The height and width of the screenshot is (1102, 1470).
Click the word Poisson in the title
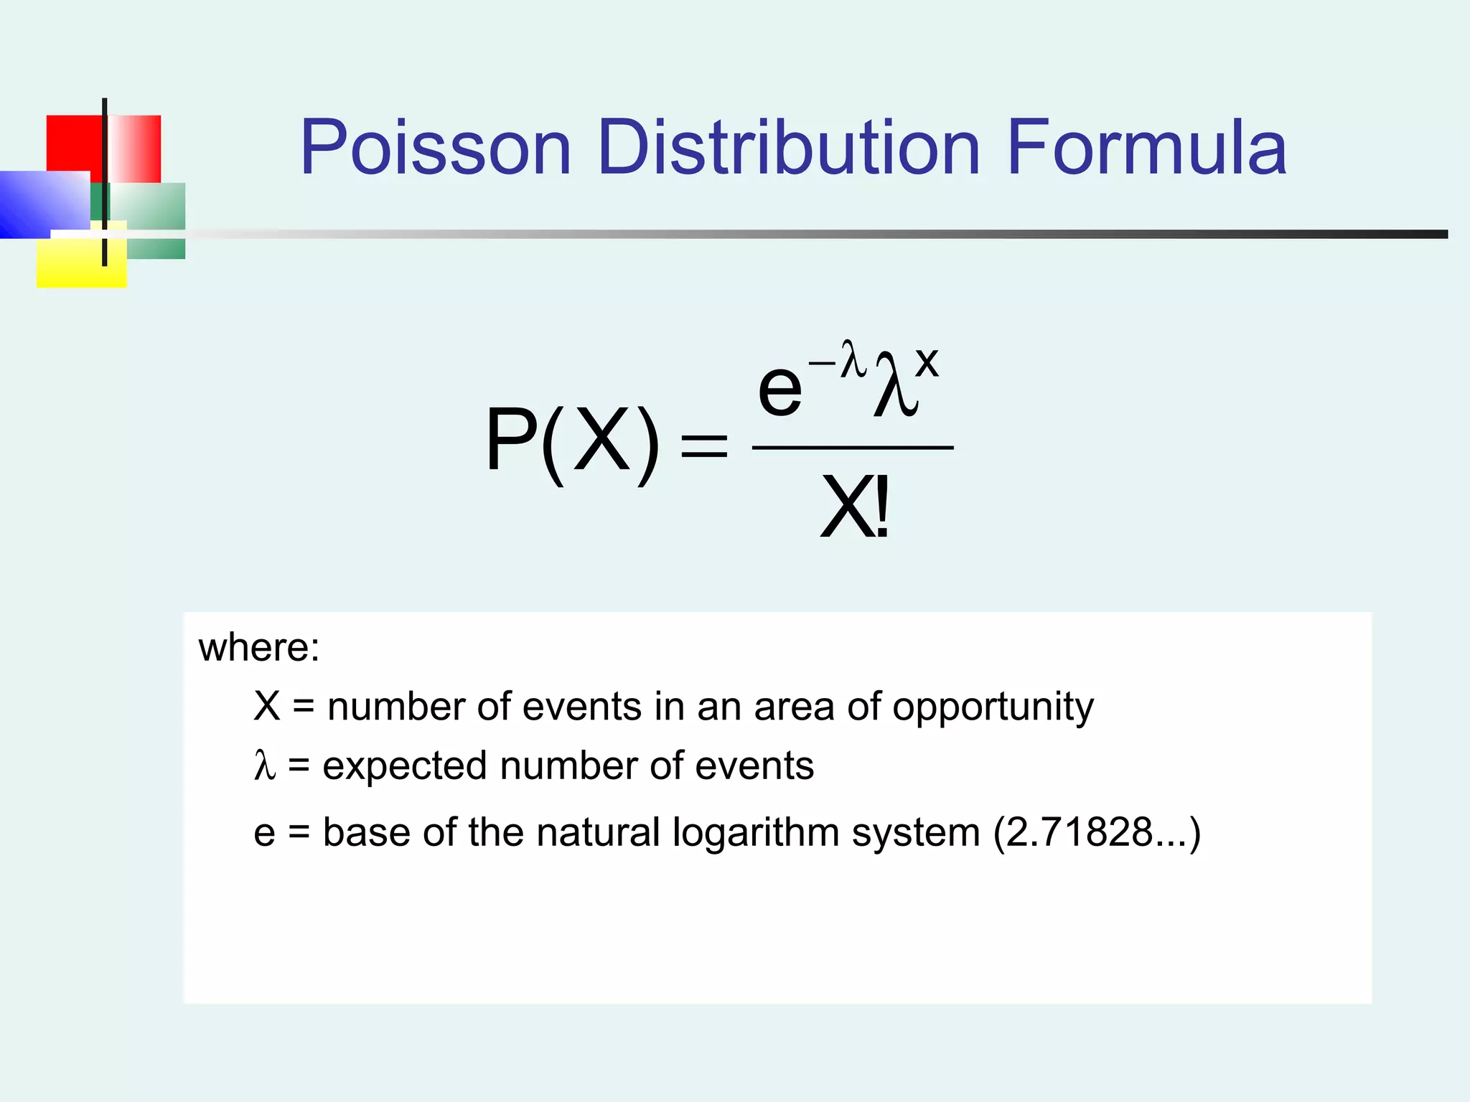tap(436, 148)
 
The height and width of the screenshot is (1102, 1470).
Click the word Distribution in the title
tap(788, 148)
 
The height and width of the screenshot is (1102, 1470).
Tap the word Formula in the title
tap(1146, 148)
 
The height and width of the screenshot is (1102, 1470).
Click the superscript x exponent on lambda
tap(927, 362)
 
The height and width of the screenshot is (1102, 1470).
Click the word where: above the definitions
tap(259, 647)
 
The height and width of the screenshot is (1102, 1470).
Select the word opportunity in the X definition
tap(993, 707)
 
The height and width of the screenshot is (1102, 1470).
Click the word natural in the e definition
tap(598, 832)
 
